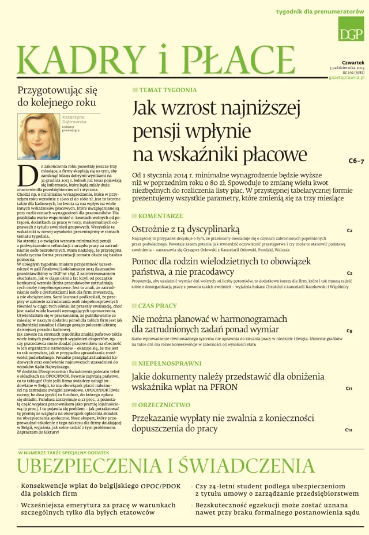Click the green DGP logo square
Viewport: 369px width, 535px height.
351,29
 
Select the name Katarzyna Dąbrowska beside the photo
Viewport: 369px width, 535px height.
74,120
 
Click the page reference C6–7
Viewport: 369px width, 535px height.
356,161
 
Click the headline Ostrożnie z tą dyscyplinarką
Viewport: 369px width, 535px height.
185,230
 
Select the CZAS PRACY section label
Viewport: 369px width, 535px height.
157,306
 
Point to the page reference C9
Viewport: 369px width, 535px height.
349,331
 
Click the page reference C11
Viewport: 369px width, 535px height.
349,389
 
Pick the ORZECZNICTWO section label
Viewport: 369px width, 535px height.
164,405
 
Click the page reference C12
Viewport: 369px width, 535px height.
349,430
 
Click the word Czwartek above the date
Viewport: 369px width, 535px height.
353,62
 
